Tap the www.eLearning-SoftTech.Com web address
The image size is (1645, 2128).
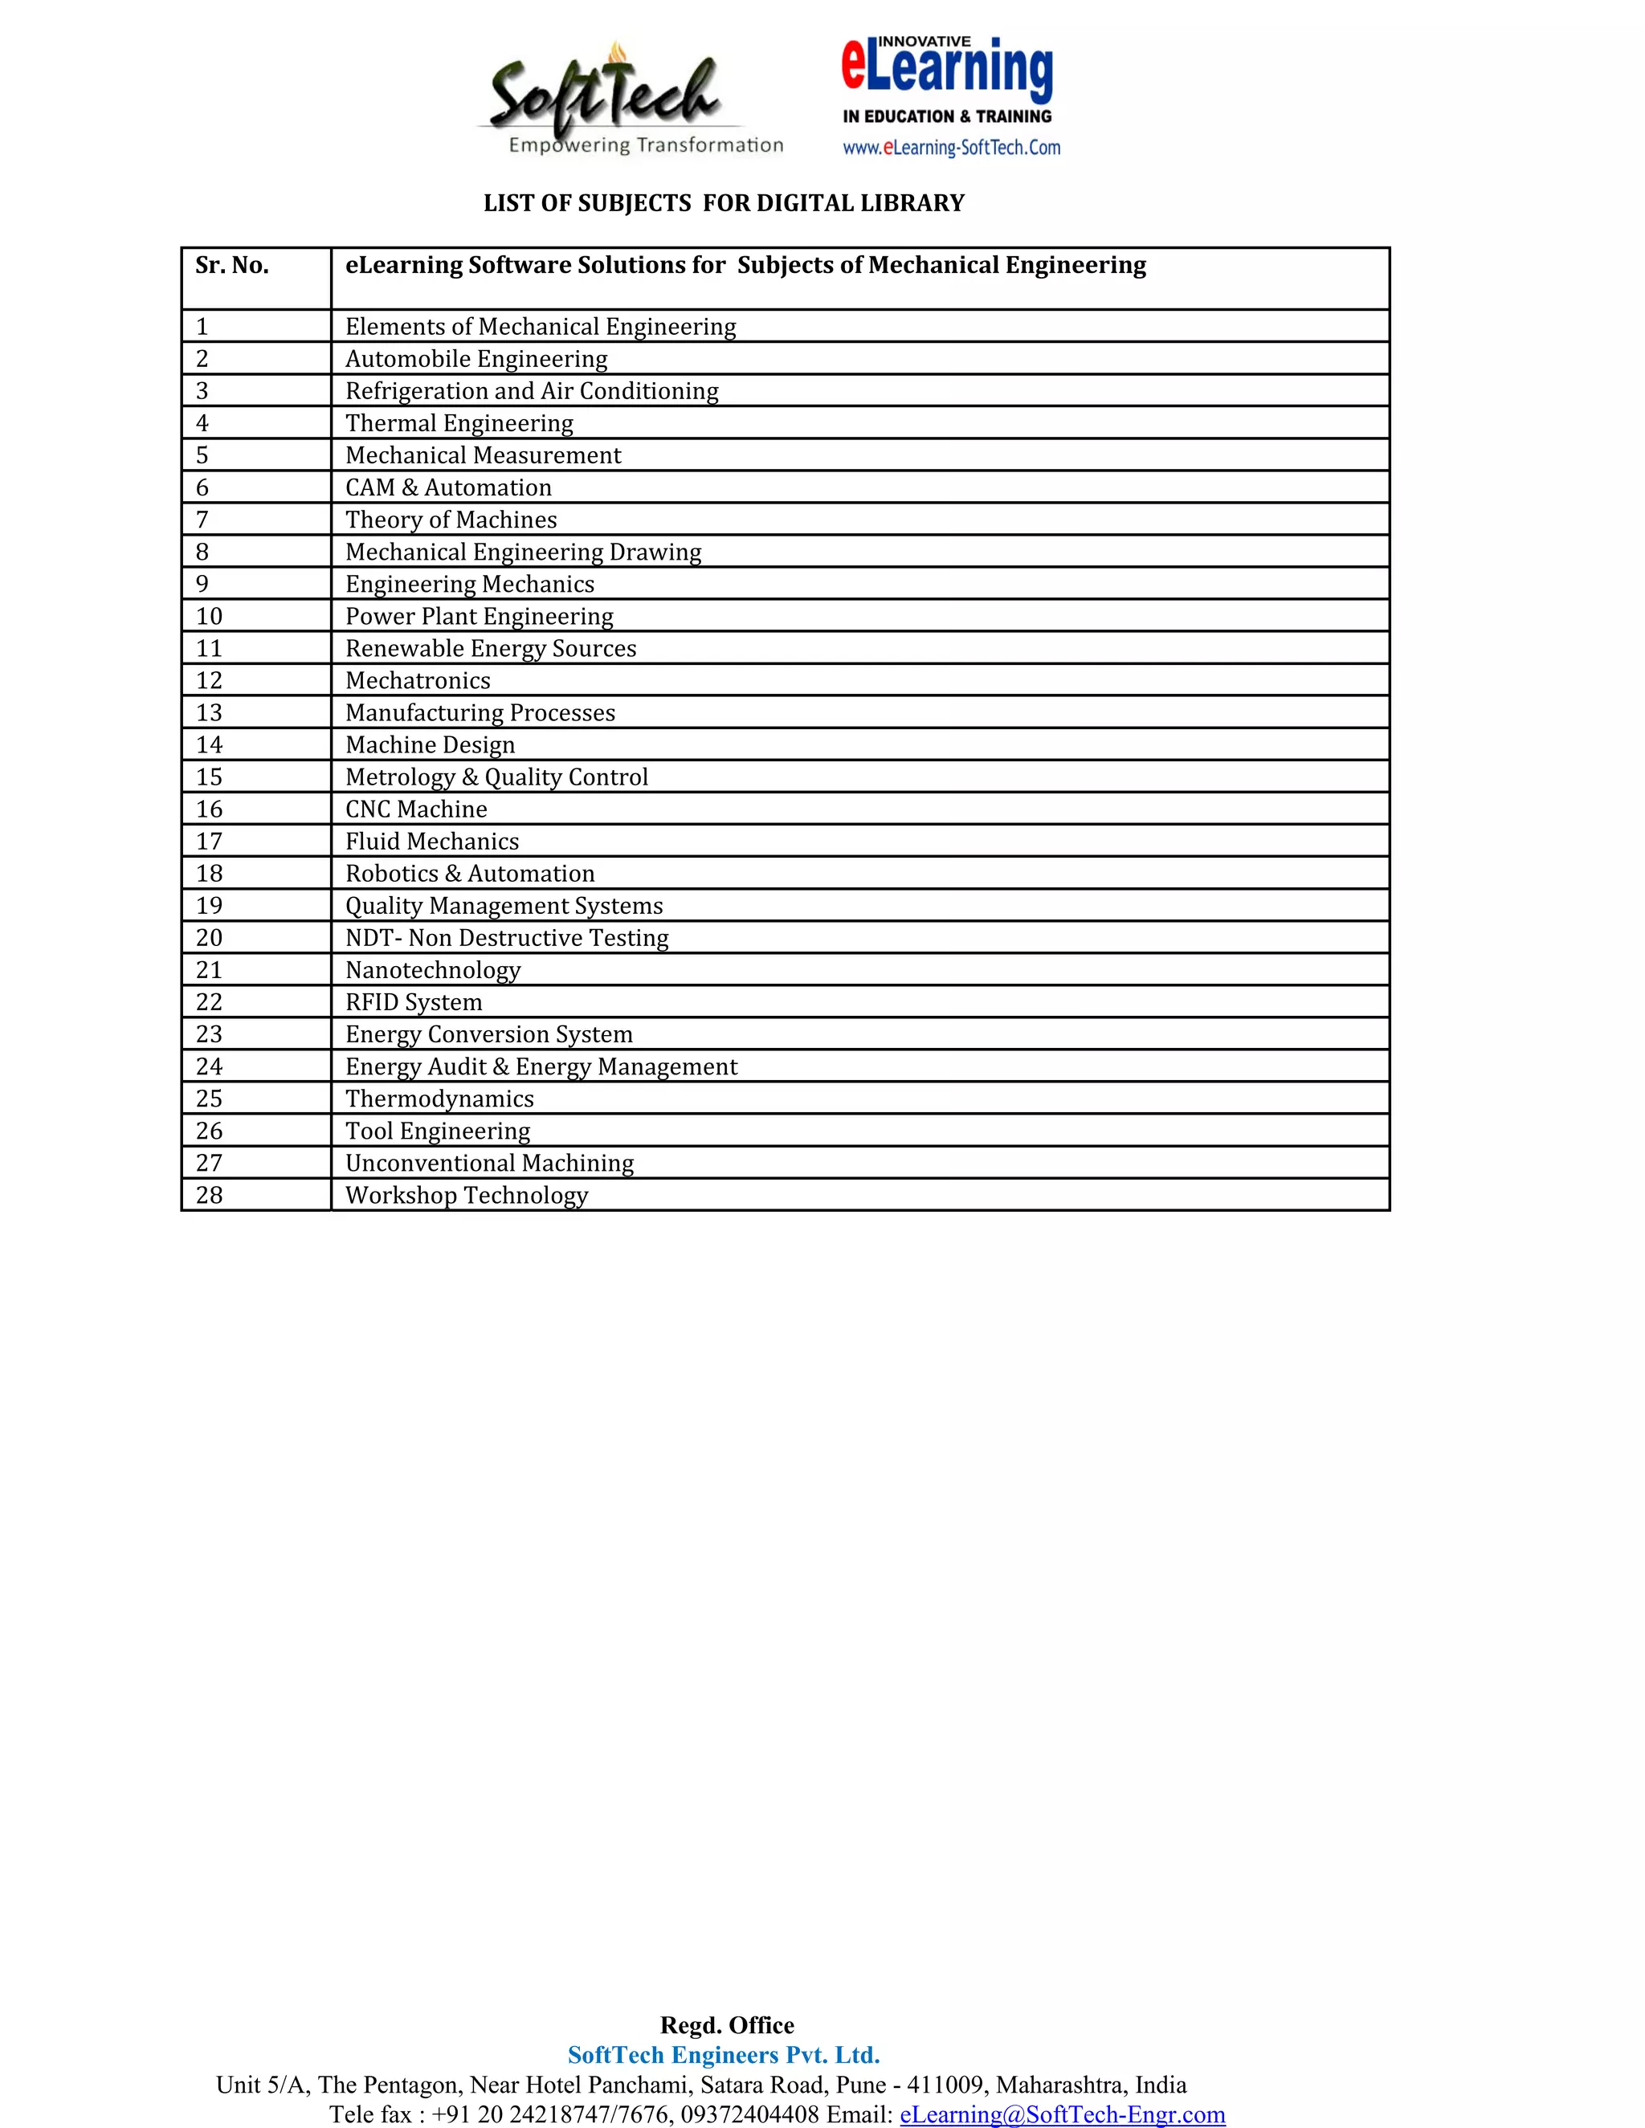pos(951,148)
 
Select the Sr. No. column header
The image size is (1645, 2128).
pos(232,266)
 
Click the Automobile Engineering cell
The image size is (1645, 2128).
pos(476,359)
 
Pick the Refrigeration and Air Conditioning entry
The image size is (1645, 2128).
pos(532,391)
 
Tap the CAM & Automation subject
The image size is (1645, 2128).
pos(448,487)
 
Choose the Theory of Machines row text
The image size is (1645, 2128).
pos(451,520)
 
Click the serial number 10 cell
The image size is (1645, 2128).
pos(210,616)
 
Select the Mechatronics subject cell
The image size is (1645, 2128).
pos(418,680)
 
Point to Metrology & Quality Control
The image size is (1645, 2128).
pos(496,777)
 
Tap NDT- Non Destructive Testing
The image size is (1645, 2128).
pos(507,937)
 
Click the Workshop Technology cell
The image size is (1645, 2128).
pos(467,1195)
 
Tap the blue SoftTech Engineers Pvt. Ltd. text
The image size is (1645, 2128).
pos(724,2055)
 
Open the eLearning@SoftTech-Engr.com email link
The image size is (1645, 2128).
pos(1062,2114)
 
